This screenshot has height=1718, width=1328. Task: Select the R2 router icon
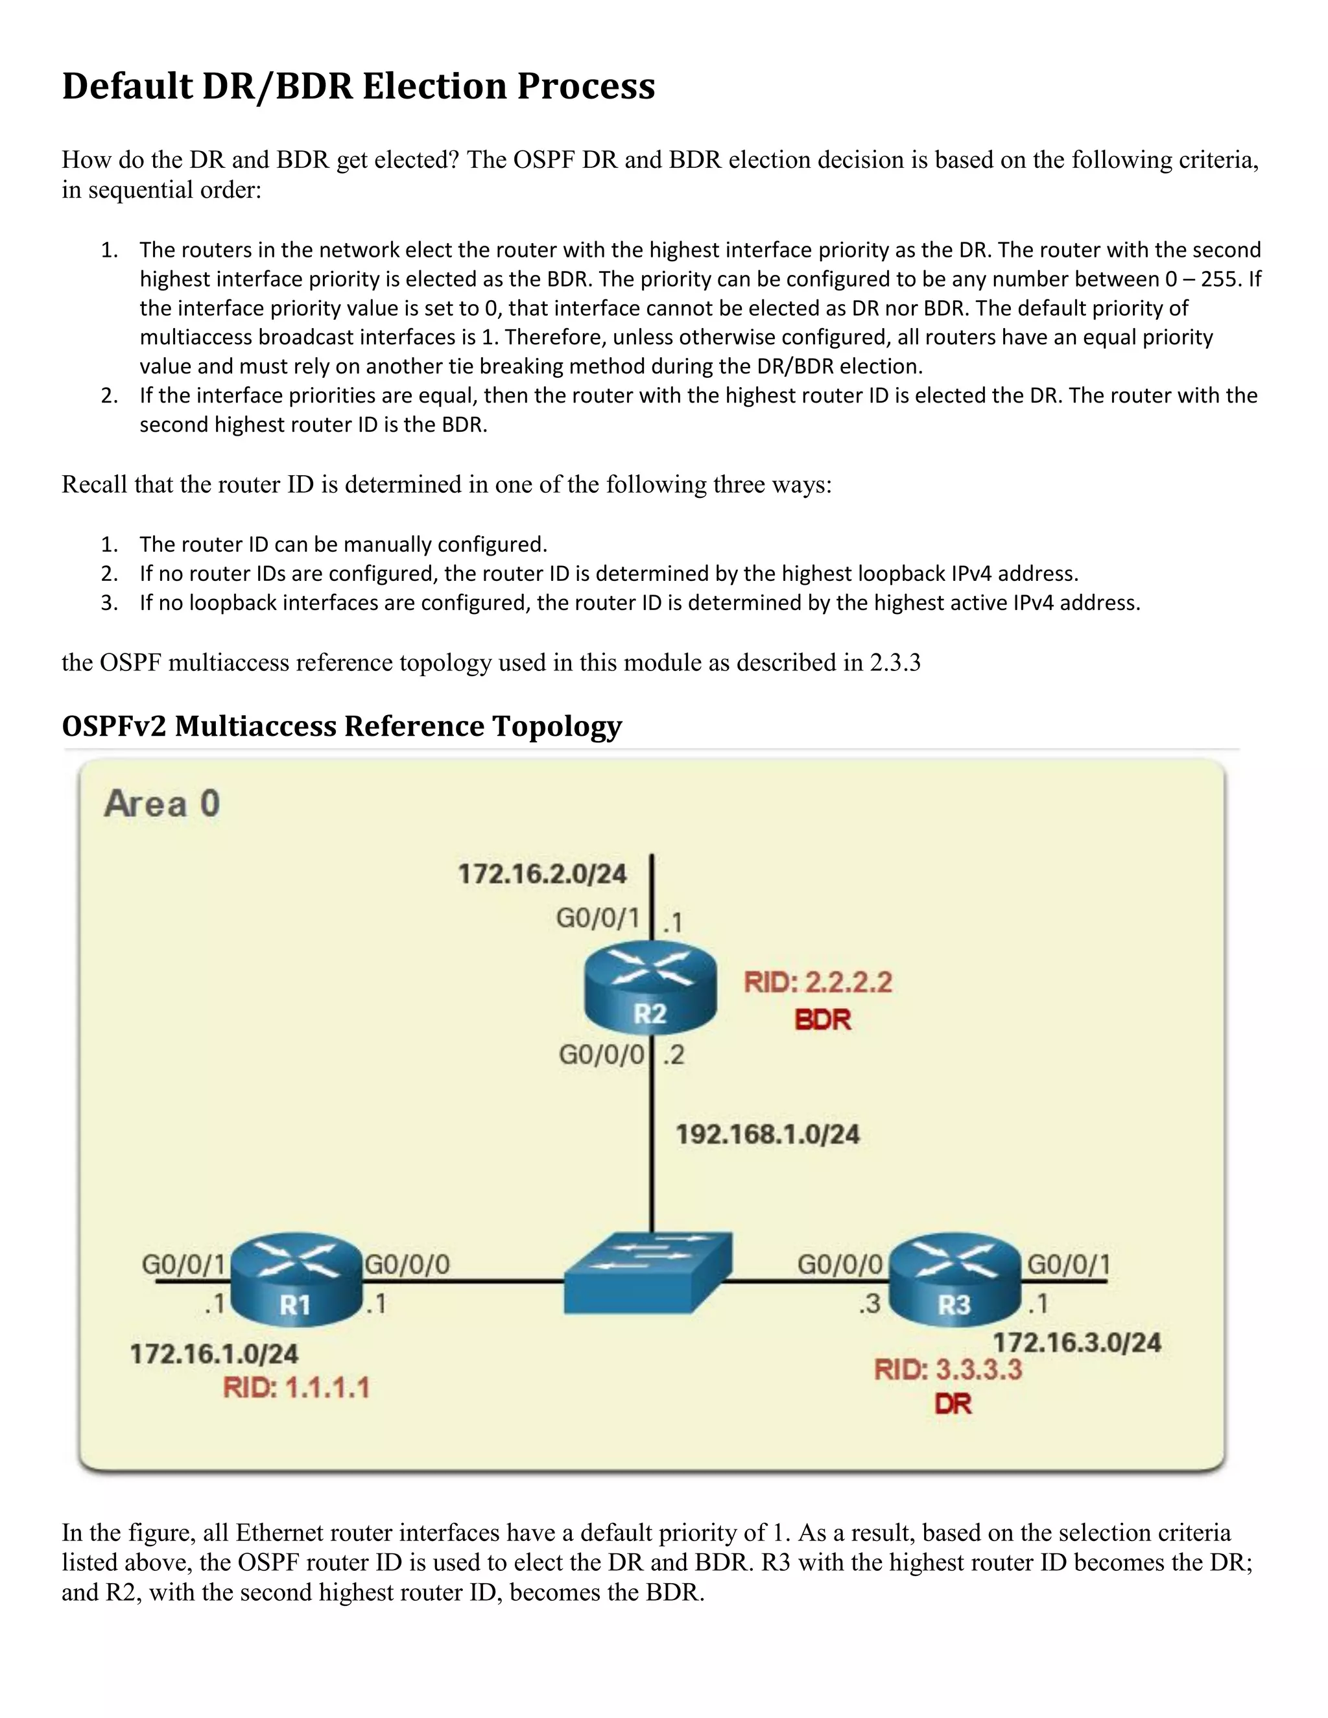650,987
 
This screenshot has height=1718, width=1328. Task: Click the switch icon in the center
648,1272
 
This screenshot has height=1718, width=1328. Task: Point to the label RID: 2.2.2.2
818,982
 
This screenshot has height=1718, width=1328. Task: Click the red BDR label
823,1020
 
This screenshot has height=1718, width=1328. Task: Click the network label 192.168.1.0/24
768,1135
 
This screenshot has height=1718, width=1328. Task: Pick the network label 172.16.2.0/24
542,874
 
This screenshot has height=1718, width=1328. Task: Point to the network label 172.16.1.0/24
214,1354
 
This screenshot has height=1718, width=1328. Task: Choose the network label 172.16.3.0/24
1077,1342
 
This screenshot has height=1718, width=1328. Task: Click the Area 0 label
162,804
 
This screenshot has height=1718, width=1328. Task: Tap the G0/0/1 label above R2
598,918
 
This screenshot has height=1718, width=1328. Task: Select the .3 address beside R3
870,1304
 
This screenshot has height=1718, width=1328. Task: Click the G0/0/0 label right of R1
407,1264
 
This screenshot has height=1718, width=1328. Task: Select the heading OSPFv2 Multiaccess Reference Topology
342,725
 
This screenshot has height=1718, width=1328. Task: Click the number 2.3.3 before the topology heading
894,663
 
